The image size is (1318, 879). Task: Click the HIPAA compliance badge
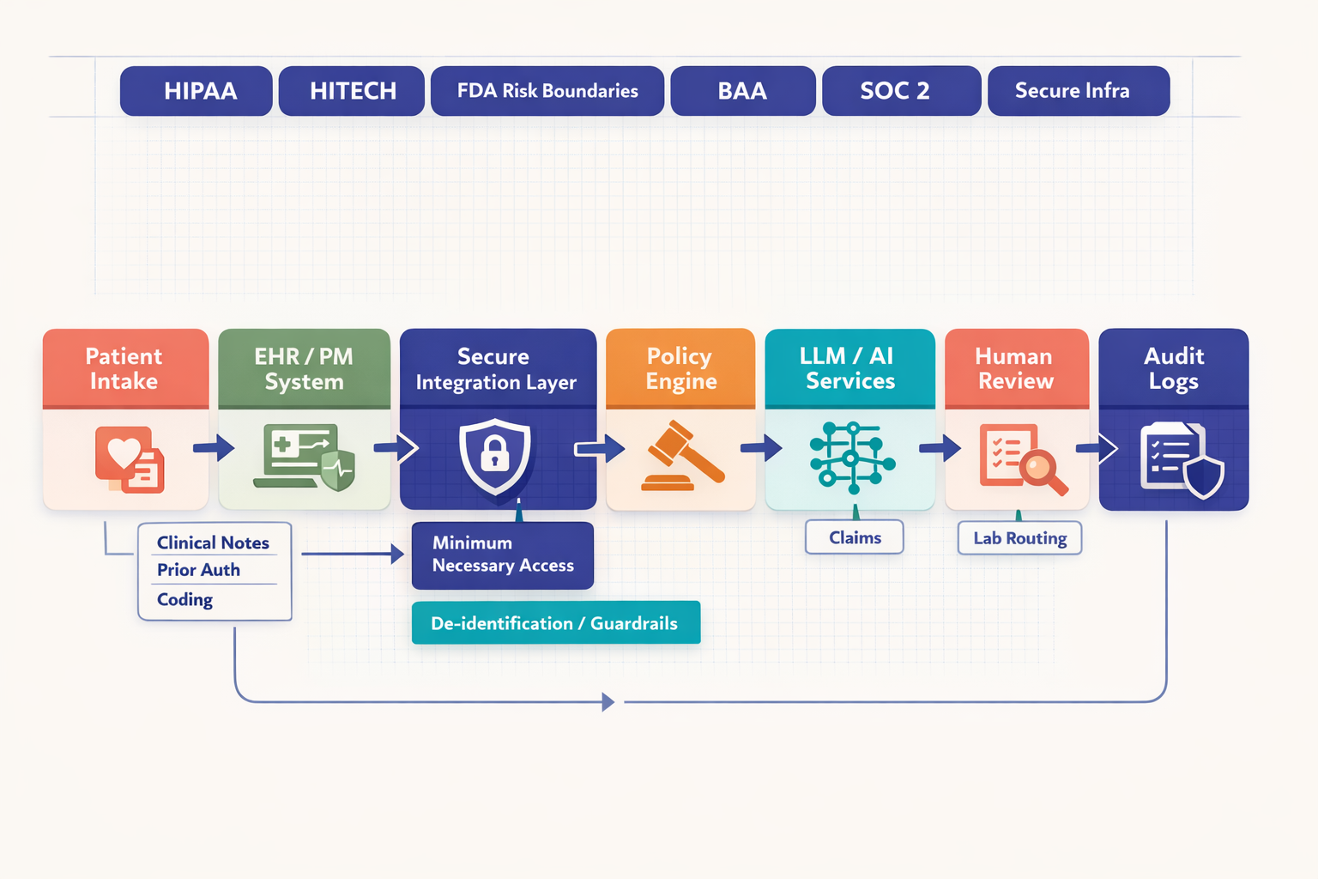click(x=196, y=91)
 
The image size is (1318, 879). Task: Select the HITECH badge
click(x=352, y=91)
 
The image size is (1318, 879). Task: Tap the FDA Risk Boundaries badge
click(x=547, y=91)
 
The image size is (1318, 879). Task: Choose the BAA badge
click(x=743, y=91)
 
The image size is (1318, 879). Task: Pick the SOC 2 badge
click(x=901, y=91)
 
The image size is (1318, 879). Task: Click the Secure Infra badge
click(x=1079, y=91)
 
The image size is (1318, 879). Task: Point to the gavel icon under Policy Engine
click(x=682, y=457)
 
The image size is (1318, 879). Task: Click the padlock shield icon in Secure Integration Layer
click(x=495, y=455)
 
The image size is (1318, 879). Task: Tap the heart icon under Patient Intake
click(x=124, y=452)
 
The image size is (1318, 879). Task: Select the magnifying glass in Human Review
click(x=1042, y=470)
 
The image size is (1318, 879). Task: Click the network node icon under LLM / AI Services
click(x=851, y=458)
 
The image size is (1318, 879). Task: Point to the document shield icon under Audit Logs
click(x=1181, y=461)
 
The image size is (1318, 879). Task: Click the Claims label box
click(x=855, y=537)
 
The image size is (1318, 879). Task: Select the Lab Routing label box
click(x=1019, y=538)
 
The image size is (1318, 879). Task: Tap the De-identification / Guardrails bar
click(x=556, y=623)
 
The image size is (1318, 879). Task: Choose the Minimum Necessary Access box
click(x=503, y=555)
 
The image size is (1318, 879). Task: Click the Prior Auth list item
click(x=199, y=570)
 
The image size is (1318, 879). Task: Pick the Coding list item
click(x=185, y=600)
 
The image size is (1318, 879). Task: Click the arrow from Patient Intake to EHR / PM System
click(x=214, y=447)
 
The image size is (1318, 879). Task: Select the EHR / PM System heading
click(x=304, y=368)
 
